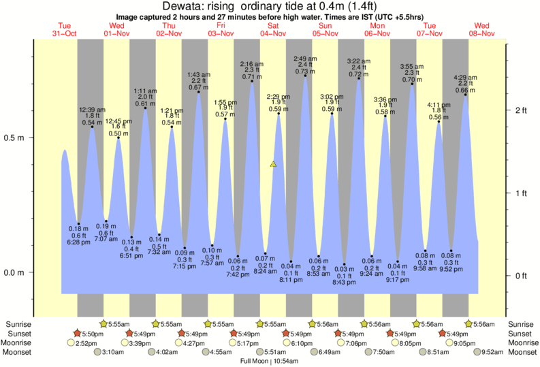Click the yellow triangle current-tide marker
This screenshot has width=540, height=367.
pyautogui.click(x=273, y=164)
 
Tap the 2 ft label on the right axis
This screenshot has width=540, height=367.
pyautogui.click(x=522, y=110)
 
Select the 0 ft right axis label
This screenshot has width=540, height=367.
pyautogui.click(x=522, y=276)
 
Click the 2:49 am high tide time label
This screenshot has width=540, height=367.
pyautogui.click(x=305, y=59)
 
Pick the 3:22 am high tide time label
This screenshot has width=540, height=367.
pyautogui.click(x=358, y=61)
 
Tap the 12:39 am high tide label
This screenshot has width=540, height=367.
pyautogui.click(x=91, y=110)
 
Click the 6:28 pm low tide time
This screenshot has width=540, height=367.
pyautogui.click(x=79, y=242)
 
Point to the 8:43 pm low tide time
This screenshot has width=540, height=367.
pyautogui.click(x=345, y=282)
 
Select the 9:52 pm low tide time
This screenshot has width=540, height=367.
pyautogui.click(x=451, y=268)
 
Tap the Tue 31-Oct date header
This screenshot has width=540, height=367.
pyautogui.click(x=63, y=29)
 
